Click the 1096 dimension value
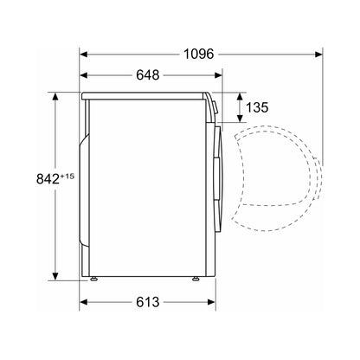(x=199, y=54)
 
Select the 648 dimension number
(x=148, y=75)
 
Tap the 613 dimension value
(x=148, y=302)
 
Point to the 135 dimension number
(x=257, y=107)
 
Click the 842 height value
(x=48, y=179)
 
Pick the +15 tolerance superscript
(x=67, y=176)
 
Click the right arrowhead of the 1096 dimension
(x=318, y=54)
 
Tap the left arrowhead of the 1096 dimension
(x=83, y=54)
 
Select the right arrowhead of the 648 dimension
(x=218, y=75)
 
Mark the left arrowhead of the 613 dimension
(x=83, y=302)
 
